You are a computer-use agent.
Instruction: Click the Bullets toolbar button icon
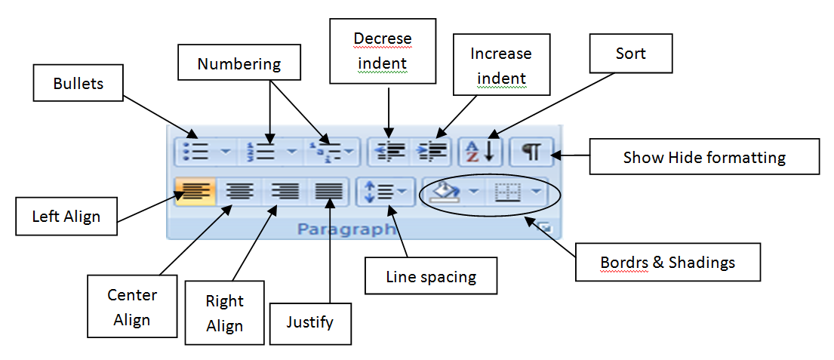[195, 152]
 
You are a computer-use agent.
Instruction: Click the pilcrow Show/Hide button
[531, 152]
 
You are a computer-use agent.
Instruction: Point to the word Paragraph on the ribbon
[346, 229]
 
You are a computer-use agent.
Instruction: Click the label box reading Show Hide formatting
[703, 157]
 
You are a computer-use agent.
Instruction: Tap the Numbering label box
[239, 64]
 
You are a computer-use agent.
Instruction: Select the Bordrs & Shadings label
[667, 262]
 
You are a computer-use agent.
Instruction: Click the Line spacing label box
[431, 276]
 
